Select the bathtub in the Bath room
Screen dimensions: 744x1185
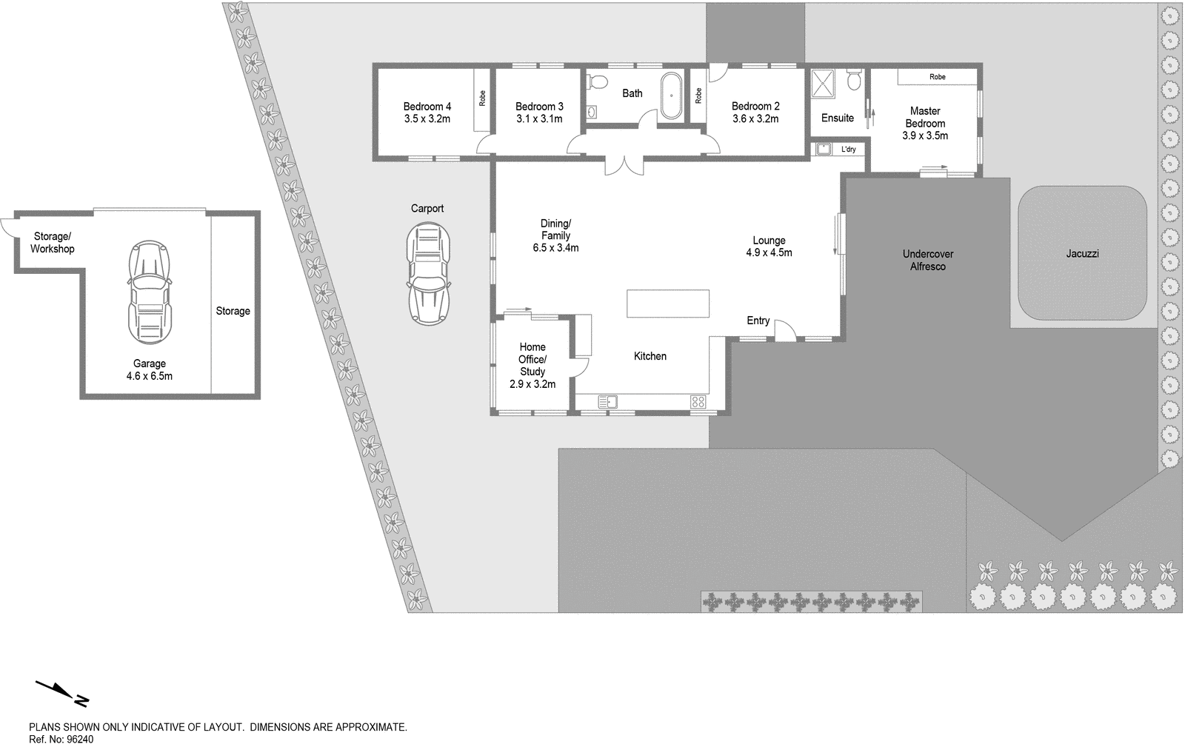672,95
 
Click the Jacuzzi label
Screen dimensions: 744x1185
1082,254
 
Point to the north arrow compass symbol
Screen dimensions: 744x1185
62,692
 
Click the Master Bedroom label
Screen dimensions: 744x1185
925,124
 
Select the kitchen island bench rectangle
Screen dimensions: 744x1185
668,304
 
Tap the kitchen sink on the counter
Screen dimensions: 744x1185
607,402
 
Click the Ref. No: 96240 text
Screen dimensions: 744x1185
61,739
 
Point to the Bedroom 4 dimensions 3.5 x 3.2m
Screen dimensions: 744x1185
427,118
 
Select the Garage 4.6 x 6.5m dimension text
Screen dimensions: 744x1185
150,376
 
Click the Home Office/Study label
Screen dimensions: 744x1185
533,359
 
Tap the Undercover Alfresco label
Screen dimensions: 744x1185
928,260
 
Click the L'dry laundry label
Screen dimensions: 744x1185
848,150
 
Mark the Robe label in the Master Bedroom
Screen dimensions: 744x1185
938,77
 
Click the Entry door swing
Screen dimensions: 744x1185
784,330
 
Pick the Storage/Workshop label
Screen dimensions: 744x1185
53,243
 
